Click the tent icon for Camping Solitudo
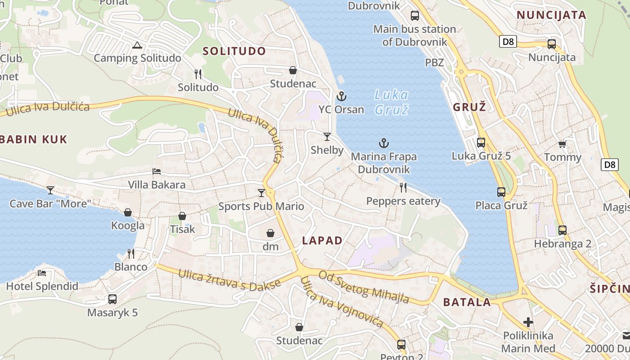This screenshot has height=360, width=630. pos(137,45)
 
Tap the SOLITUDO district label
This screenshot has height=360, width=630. pos(234,51)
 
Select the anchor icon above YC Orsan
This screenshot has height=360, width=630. pos(341,96)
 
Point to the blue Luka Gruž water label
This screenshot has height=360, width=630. pos(391,102)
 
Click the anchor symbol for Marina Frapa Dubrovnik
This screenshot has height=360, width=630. pos(383,144)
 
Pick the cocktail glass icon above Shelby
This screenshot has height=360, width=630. pos(327,136)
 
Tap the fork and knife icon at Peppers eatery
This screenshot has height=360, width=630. pos(403,188)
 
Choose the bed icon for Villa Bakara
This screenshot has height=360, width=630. pos(157,171)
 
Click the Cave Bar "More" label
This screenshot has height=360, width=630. pos(50,203)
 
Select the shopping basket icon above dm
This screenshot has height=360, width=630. pos(270,233)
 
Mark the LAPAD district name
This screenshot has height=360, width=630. pos(322,240)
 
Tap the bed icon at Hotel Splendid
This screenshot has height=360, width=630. pos(42,273)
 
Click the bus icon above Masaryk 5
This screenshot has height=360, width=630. pos(112,299)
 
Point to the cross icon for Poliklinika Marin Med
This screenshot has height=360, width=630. pos(528,322)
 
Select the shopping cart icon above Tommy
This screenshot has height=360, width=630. pos(562,144)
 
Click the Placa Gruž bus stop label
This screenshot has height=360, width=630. pos(501,206)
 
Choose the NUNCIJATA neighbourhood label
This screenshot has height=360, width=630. pos(551,15)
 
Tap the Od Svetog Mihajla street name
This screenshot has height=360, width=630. pos(364,287)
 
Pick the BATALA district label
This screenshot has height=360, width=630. pos(467,302)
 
